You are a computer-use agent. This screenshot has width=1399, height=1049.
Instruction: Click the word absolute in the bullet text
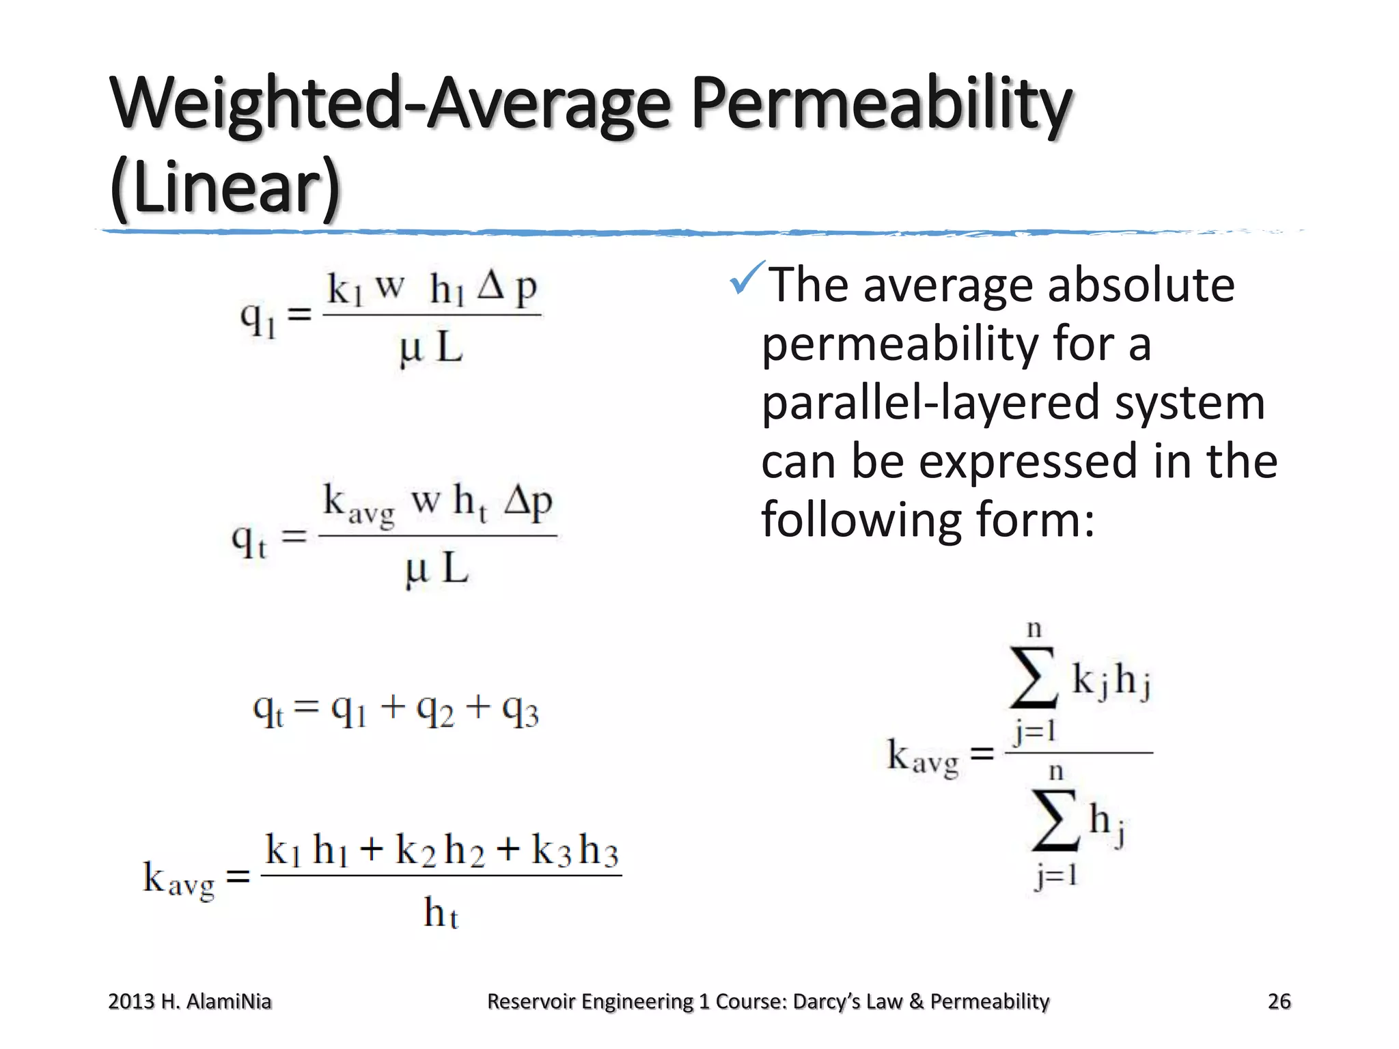pyautogui.click(x=1141, y=285)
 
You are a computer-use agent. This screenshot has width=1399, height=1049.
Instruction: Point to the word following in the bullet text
pyautogui.click(x=862, y=520)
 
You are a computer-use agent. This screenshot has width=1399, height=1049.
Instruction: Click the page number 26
pyautogui.click(x=1279, y=1001)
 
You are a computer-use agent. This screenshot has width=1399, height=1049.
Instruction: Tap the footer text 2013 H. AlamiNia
pyautogui.click(x=190, y=1001)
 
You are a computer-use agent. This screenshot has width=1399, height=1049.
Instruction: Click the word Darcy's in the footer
pyautogui.click(x=826, y=1001)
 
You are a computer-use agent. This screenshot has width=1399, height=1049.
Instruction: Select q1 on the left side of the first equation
pyautogui.click(x=258, y=318)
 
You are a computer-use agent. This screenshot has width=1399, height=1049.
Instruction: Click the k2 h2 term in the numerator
pyautogui.click(x=440, y=851)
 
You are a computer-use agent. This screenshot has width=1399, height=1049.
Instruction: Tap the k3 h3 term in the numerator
pyautogui.click(x=575, y=851)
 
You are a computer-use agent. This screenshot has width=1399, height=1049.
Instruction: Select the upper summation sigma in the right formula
pyautogui.click(x=1034, y=678)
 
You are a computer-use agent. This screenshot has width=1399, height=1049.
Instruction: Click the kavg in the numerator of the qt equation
pyautogui.click(x=358, y=504)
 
